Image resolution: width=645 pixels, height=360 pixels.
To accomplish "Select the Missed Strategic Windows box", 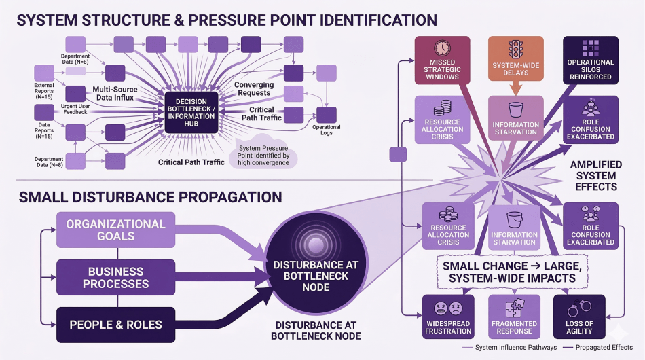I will click(442, 60).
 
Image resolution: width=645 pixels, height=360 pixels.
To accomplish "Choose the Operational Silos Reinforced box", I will click(590, 60).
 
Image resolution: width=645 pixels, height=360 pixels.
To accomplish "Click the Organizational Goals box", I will click(115, 230).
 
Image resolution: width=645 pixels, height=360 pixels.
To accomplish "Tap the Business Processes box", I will click(115, 276).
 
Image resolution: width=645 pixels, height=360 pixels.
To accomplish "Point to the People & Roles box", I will click(115, 324).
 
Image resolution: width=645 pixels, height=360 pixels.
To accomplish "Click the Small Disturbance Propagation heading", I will click(150, 198).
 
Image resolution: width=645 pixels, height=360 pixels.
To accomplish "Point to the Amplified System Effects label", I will click(595, 175).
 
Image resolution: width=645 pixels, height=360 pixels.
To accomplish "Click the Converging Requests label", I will click(254, 89).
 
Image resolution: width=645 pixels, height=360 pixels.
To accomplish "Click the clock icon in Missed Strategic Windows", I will click(442, 48).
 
